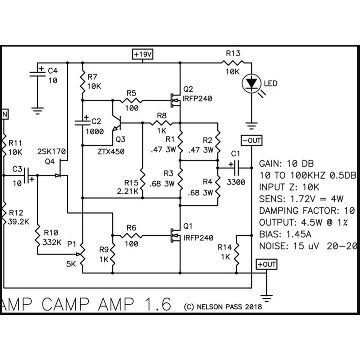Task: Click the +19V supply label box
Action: click(143, 54)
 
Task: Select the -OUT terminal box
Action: click(251, 141)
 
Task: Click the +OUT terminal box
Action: click(266, 264)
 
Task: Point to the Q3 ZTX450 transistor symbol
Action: click(116, 122)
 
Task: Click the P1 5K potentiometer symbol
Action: click(82, 255)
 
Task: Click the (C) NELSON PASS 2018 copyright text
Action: click(223, 306)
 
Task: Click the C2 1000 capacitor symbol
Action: click(82, 123)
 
